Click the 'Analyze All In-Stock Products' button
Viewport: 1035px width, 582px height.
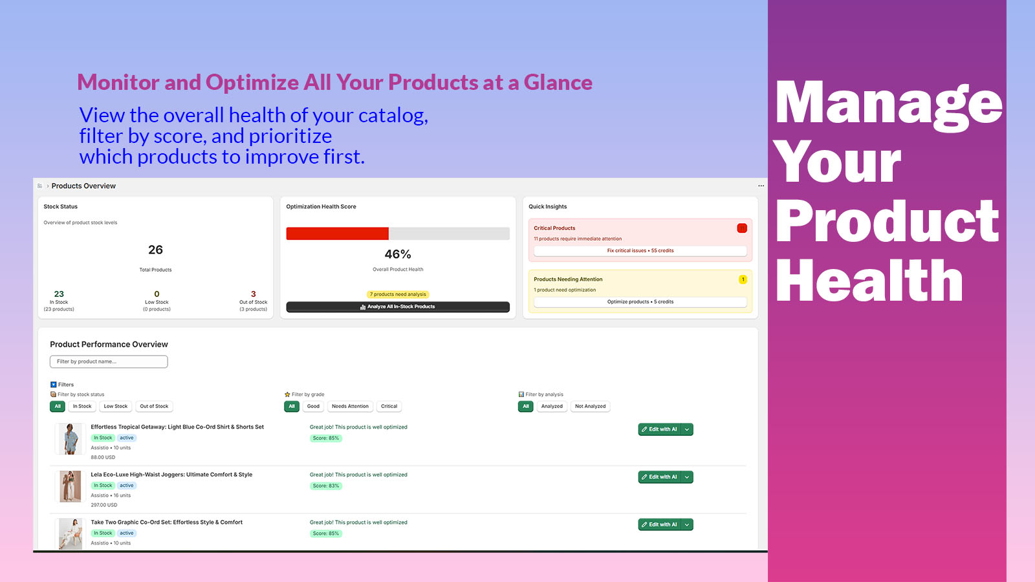pyautogui.click(x=398, y=307)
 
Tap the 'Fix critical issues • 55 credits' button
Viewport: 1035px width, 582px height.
pyautogui.click(x=640, y=251)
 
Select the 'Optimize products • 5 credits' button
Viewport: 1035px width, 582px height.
pyautogui.click(x=640, y=302)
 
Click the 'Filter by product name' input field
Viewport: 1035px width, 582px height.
pyautogui.click(x=109, y=361)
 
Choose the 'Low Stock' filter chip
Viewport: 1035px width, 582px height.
pyautogui.click(x=116, y=407)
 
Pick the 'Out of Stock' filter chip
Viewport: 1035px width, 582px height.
pyautogui.click(x=154, y=407)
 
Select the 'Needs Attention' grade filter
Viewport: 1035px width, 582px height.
pyautogui.click(x=350, y=407)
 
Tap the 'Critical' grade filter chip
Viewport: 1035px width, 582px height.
pyautogui.click(x=389, y=407)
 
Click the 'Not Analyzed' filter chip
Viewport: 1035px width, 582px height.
pyautogui.click(x=590, y=407)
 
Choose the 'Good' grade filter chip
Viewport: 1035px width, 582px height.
pyautogui.click(x=313, y=407)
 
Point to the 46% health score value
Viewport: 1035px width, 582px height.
pyautogui.click(x=398, y=254)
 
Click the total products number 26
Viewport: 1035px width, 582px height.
pyautogui.click(x=155, y=250)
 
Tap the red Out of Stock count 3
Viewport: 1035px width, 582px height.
pyautogui.click(x=253, y=294)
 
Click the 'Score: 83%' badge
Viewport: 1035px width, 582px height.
pyautogui.click(x=325, y=486)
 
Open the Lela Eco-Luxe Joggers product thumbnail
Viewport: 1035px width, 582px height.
pyautogui.click(x=70, y=486)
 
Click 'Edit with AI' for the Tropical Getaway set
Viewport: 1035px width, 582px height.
pyautogui.click(x=659, y=429)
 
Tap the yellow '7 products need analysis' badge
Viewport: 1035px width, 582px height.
pyautogui.click(x=398, y=294)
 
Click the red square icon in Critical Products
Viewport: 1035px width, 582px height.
pyautogui.click(x=742, y=228)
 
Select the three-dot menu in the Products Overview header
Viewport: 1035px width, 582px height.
pyautogui.click(x=761, y=186)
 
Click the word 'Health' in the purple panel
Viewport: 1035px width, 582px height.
pyautogui.click(x=869, y=281)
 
